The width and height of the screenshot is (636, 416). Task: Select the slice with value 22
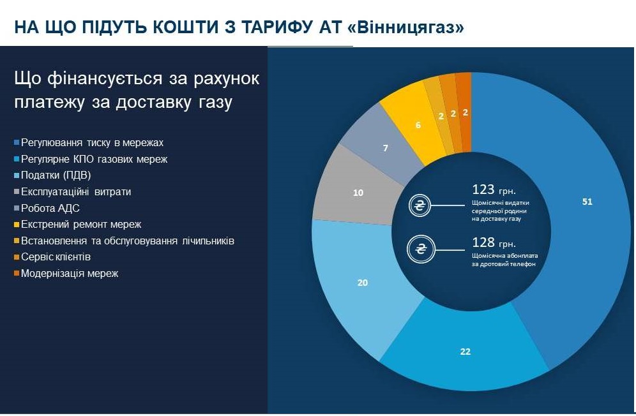pyautogui.click(x=466, y=351)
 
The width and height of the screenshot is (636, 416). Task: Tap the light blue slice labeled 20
pyautogui.click(x=362, y=283)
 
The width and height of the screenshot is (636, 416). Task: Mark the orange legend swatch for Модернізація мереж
pyautogui.click(x=17, y=274)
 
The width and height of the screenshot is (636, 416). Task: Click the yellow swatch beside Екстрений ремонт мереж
pyautogui.click(x=17, y=225)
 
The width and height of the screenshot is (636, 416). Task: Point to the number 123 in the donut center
pyautogui.click(x=483, y=189)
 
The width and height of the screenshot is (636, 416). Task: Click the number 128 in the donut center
pyautogui.click(x=483, y=242)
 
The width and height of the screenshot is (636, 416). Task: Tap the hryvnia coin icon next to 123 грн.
pyautogui.click(x=420, y=205)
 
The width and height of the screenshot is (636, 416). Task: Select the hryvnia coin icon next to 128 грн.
pyautogui.click(x=421, y=249)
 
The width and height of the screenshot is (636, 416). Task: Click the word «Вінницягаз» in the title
pyautogui.click(x=406, y=27)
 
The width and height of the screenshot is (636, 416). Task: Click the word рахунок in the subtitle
pyautogui.click(x=226, y=78)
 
